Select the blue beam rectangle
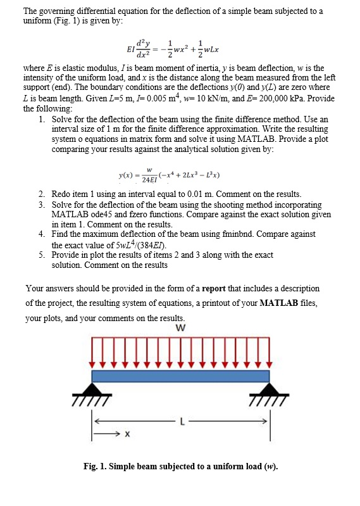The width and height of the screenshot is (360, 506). click(x=182, y=376)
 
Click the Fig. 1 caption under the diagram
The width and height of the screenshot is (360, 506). click(x=180, y=467)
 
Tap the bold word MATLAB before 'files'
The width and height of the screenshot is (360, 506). click(x=281, y=303)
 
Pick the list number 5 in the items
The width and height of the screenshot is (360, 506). click(x=41, y=254)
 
